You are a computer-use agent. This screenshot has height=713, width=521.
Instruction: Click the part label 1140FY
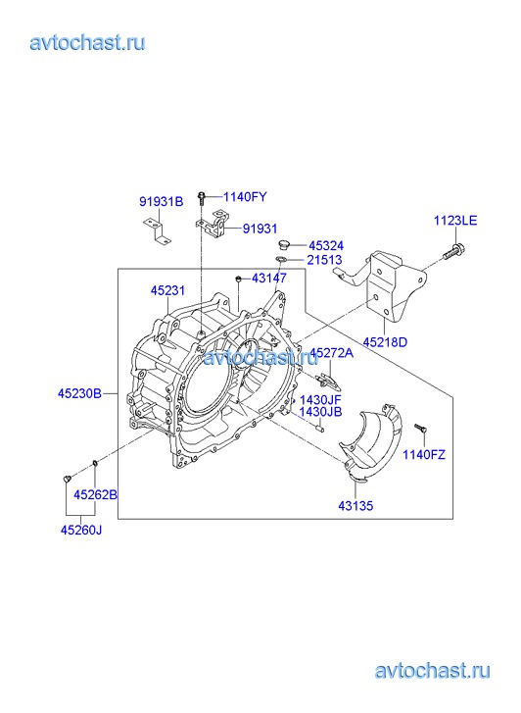[x=245, y=197]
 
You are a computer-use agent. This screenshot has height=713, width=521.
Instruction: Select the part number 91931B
[x=162, y=201]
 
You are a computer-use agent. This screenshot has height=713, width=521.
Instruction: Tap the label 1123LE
[x=455, y=221]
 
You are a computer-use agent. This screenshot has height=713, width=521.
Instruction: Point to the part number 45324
[x=326, y=246]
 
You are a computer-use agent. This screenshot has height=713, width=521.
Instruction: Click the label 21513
[x=324, y=260]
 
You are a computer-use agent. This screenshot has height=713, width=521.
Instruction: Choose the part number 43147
[x=269, y=278]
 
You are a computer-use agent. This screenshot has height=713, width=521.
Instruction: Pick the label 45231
[x=168, y=290]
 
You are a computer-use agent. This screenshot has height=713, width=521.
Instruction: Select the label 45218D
[x=385, y=342]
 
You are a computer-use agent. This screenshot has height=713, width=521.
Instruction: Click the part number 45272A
[x=332, y=353]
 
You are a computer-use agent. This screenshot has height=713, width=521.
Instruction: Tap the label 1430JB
[x=320, y=412]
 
